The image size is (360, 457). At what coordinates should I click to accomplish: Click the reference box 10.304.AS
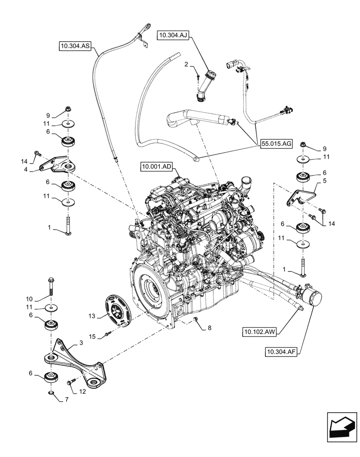(x=74, y=46)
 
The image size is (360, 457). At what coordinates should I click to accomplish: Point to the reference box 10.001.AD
(x=156, y=168)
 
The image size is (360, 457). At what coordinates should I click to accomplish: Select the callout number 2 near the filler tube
(x=186, y=66)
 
